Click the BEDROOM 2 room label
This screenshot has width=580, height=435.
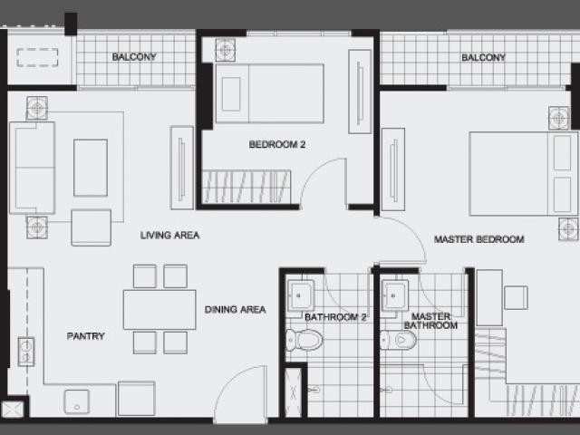[x=277, y=144]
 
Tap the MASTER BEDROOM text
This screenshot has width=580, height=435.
[x=479, y=239]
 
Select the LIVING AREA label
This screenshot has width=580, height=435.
[x=169, y=236]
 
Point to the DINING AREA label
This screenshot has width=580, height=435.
[x=236, y=310]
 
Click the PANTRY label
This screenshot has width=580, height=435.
[x=86, y=336]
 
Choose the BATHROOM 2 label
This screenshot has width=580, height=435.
[x=335, y=317]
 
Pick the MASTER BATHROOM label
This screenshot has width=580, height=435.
[x=431, y=321]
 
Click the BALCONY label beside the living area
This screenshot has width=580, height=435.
[x=134, y=57]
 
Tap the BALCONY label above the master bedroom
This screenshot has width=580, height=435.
[x=483, y=57]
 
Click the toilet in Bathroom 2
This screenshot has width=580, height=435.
[x=304, y=340]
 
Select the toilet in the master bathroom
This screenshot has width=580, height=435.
[x=399, y=340]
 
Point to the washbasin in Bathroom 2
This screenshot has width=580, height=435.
[x=301, y=295]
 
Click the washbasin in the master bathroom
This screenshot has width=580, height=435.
[x=395, y=295]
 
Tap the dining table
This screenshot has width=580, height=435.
[x=159, y=310]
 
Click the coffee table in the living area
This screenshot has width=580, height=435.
[x=91, y=168]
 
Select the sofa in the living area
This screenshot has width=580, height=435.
[x=33, y=168]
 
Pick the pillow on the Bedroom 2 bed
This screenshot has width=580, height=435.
[x=231, y=94]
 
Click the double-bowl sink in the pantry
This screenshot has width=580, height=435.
[x=26, y=352]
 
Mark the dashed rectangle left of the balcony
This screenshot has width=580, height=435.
[x=37, y=58]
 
